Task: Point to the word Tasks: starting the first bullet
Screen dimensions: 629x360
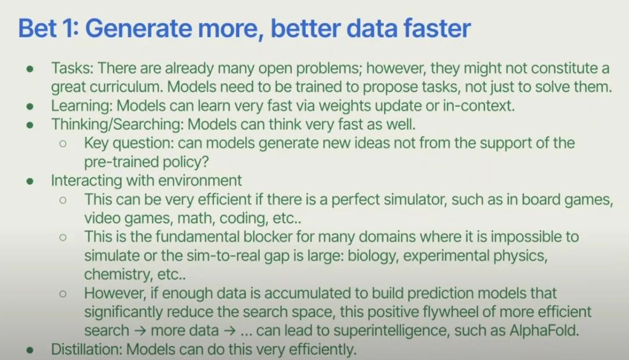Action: [72, 68]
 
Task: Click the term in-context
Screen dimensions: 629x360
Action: [479, 106]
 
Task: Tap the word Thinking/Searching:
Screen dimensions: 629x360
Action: [117, 125]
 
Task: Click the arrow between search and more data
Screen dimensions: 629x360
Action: [140, 331]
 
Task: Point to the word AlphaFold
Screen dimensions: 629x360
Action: [545, 331]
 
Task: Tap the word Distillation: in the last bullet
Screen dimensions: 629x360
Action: [86, 350]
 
